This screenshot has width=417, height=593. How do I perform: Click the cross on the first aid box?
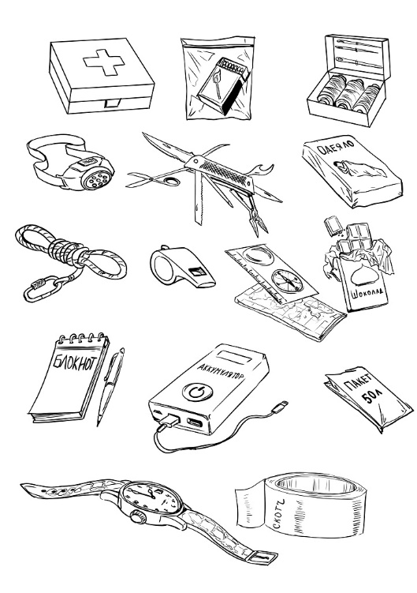[104, 63]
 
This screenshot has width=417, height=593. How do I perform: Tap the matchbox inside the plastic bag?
[223, 85]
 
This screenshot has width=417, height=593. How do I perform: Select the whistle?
[181, 265]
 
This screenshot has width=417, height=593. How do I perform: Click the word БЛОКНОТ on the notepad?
[74, 362]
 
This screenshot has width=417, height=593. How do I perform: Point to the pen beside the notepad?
[110, 386]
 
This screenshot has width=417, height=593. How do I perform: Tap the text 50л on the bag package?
[372, 397]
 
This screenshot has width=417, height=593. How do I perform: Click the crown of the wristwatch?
[137, 516]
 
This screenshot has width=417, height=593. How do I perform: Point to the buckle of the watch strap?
[263, 557]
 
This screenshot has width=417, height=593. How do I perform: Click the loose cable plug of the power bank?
[281, 404]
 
